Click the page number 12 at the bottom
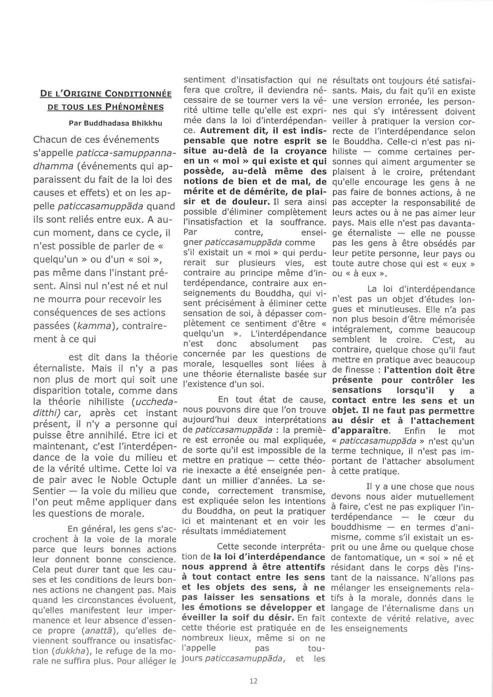[x=253, y=681]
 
